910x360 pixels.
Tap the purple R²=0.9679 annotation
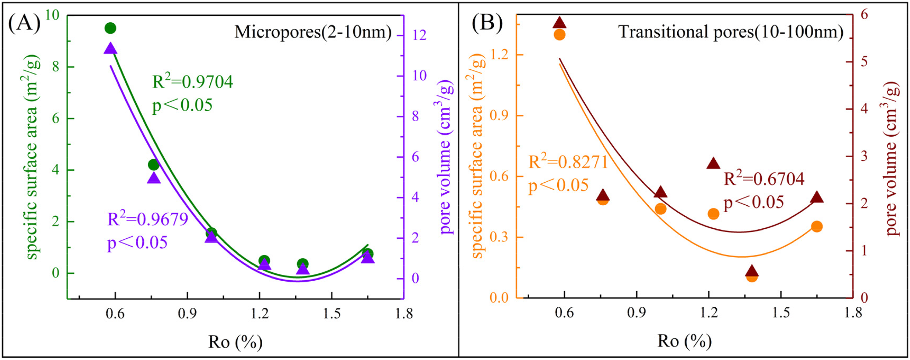click(148, 219)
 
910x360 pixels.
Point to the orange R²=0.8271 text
click(568, 162)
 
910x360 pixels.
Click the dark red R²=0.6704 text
click(764, 179)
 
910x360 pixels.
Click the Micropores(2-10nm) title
click(313, 32)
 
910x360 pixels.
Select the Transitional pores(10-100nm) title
click(731, 32)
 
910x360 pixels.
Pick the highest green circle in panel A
click(111, 28)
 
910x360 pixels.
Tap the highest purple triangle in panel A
click(111, 49)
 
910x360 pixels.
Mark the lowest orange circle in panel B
click(752, 277)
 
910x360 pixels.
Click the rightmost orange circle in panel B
click(817, 226)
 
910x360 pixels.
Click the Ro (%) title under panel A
click(235, 342)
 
